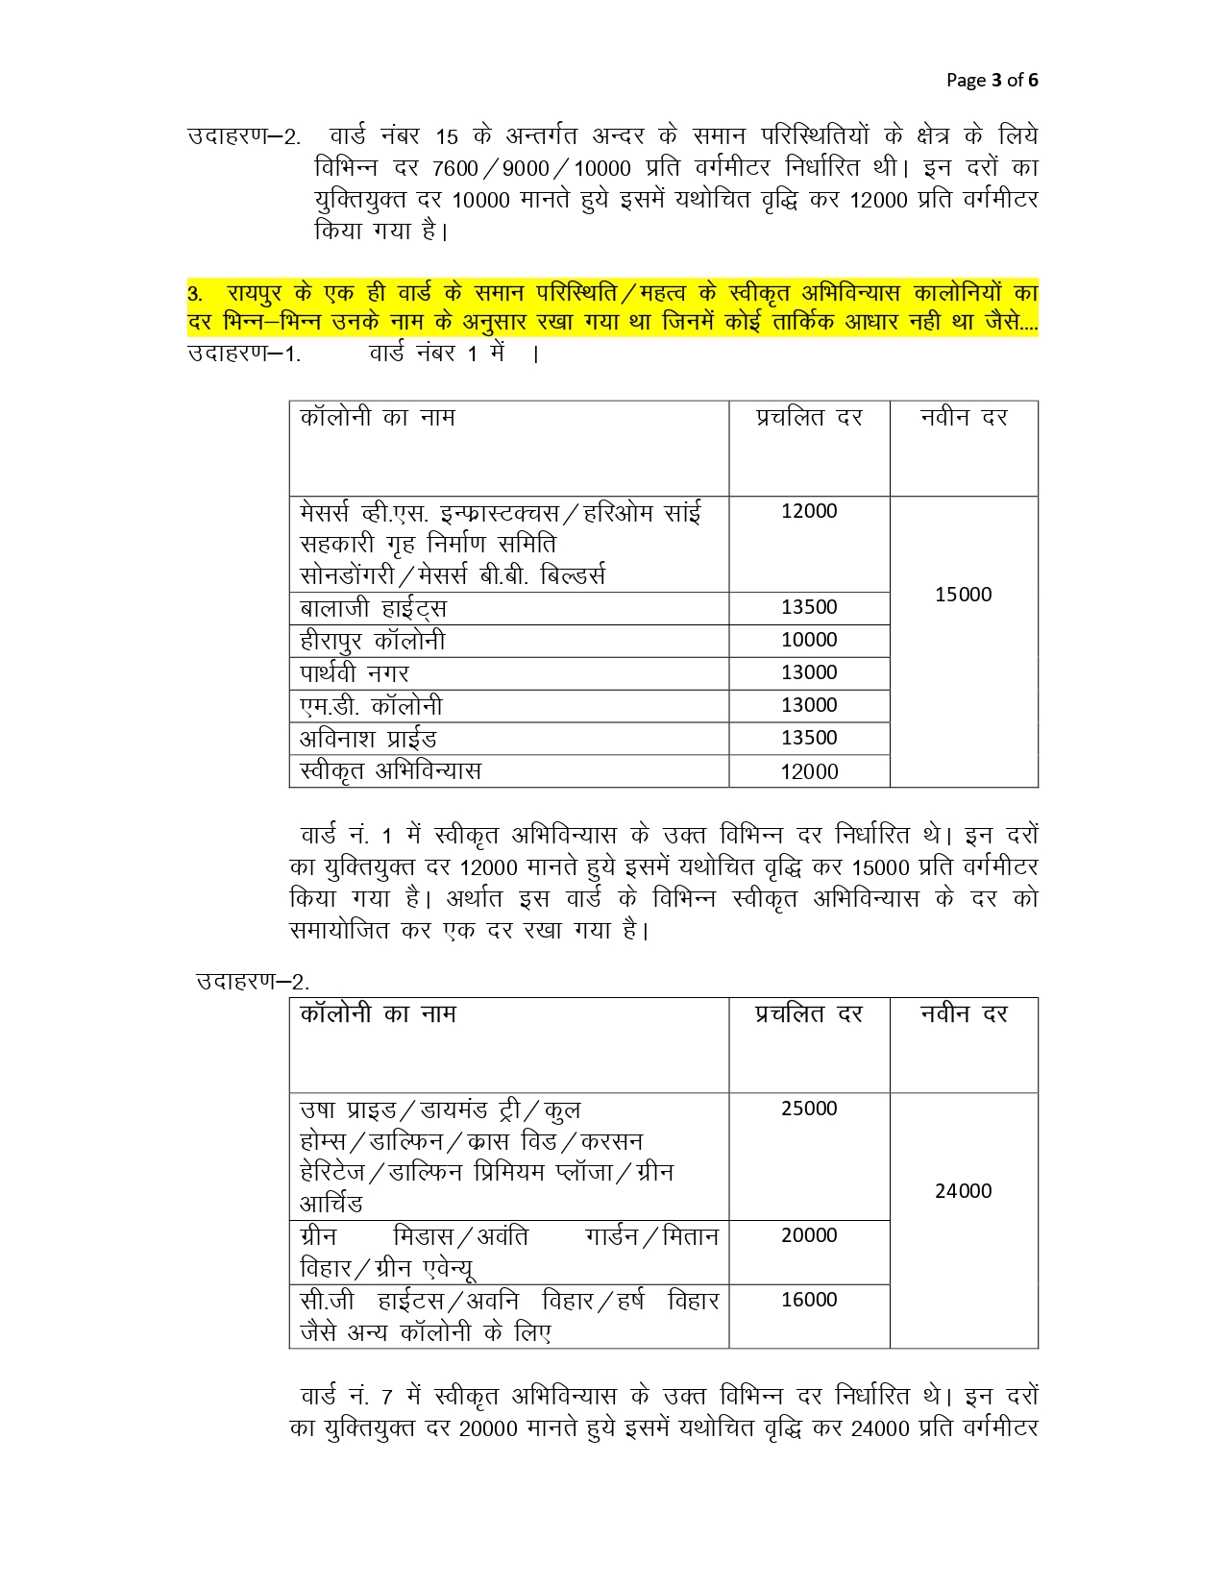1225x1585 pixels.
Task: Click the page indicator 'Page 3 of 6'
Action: (992, 80)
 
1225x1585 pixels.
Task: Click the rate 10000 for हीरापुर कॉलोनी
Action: (809, 640)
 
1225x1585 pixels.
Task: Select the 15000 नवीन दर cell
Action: (963, 595)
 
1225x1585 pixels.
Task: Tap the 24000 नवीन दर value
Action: (963, 1191)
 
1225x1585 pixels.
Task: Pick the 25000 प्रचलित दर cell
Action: (809, 1109)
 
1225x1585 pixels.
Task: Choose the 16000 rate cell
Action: (809, 1300)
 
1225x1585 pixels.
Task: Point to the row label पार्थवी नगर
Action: (355, 673)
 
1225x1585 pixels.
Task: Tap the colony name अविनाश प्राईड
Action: (368, 739)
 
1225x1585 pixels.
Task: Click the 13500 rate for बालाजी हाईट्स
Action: (809, 607)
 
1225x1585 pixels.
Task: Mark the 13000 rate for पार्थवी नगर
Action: (809, 672)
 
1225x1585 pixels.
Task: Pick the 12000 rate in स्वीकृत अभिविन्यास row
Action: (809, 771)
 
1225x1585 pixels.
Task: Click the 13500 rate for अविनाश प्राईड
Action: (809, 738)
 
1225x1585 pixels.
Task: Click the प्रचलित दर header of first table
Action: (809, 418)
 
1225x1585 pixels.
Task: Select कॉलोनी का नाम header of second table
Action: (378, 1014)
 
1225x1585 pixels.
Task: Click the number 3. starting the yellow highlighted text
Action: (195, 294)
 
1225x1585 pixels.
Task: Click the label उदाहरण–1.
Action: (244, 354)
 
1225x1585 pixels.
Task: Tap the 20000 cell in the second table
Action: (809, 1235)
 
